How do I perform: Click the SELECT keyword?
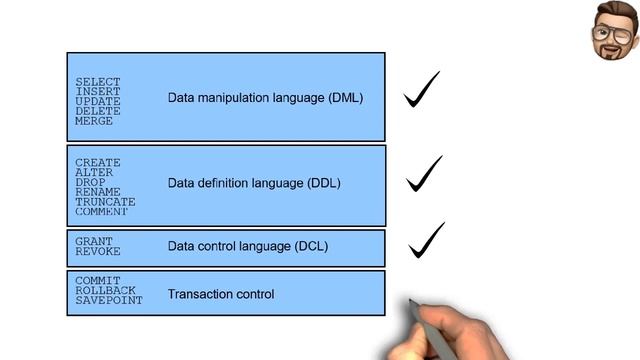(97, 82)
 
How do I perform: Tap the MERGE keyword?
(94, 121)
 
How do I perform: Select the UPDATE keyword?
(97, 101)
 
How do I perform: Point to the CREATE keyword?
(97, 163)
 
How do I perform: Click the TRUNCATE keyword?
(104, 202)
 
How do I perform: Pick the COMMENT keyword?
(101, 212)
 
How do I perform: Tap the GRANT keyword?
(94, 241)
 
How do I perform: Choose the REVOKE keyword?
(97, 252)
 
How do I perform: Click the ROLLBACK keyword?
(104, 290)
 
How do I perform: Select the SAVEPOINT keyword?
(108, 300)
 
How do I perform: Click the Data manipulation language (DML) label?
(265, 98)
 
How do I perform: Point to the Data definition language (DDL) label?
(254, 183)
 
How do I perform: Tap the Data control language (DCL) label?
(247, 245)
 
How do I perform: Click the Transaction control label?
(220, 294)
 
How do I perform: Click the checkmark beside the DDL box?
(424, 174)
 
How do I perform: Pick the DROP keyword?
(91, 182)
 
